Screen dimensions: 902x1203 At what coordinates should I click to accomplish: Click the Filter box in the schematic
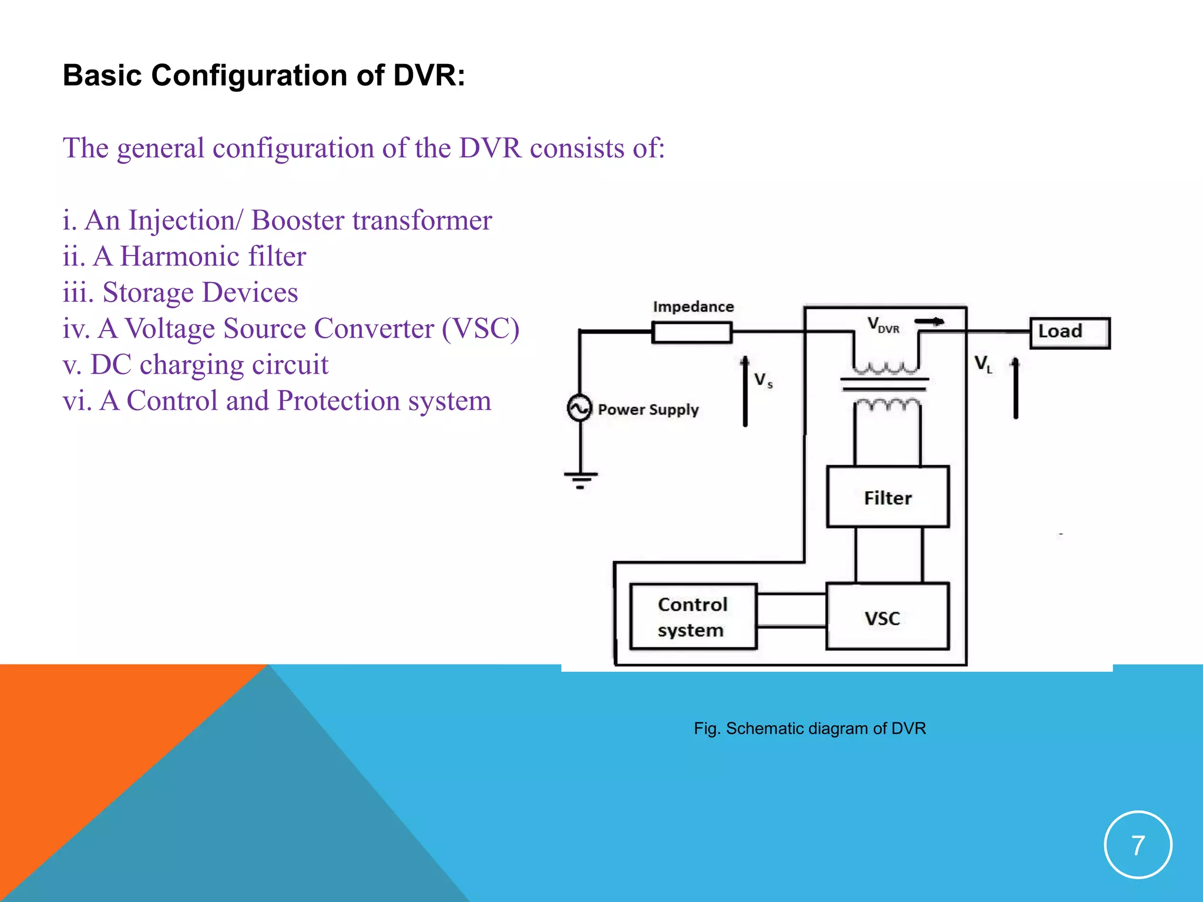(888, 497)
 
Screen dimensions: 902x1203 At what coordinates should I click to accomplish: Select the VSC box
(887, 617)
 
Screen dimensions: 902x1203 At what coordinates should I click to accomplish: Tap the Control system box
(693, 617)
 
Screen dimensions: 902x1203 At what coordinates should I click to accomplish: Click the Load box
(1070, 332)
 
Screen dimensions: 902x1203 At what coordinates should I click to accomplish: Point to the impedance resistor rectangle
(692, 332)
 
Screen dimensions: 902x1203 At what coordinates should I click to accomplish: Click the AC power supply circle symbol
(579, 408)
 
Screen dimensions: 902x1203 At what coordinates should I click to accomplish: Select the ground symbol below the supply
(580, 479)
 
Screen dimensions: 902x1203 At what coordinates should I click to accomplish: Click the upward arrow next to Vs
(745, 391)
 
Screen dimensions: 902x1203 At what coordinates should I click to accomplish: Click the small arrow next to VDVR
(930, 321)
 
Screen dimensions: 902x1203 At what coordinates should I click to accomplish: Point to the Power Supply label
(648, 409)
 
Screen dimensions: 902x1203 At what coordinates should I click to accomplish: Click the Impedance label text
(693, 307)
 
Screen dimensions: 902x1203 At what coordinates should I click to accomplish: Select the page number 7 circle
(1138, 844)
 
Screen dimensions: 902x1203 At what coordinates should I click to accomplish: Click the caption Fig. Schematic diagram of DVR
(809, 728)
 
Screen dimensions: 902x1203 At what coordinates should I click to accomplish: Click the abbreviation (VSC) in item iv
(480, 328)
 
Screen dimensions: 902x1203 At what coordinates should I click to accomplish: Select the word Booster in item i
(298, 220)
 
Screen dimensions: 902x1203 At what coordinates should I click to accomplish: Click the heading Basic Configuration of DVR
(264, 75)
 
